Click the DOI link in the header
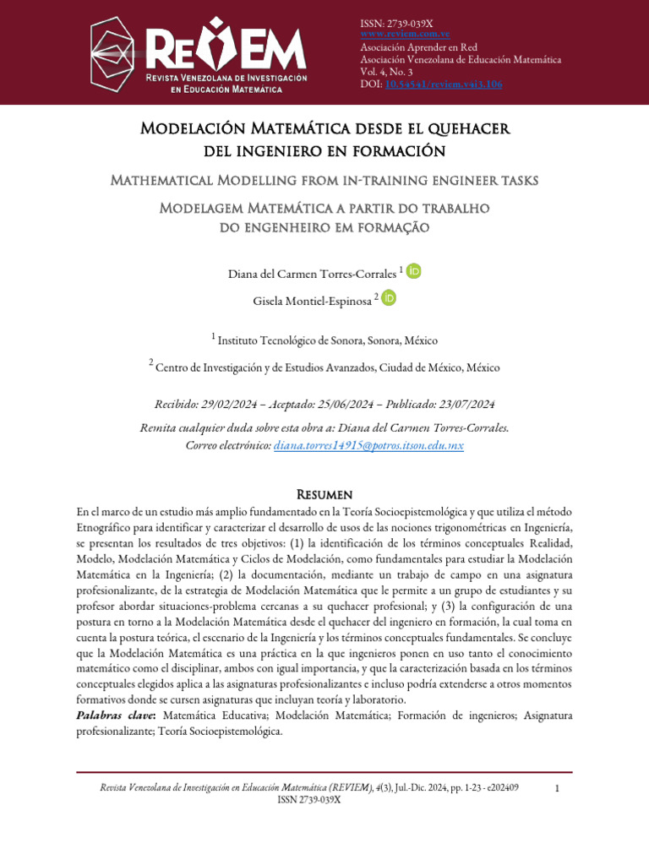click(x=431, y=85)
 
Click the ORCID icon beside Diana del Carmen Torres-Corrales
click(x=413, y=271)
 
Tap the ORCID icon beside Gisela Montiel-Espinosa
click(x=389, y=297)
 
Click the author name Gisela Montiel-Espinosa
click(x=312, y=301)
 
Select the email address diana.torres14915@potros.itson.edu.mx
click(x=368, y=444)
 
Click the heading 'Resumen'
click(x=324, y=493)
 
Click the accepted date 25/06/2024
click(x=353, y=404)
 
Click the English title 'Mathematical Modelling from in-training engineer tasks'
click(x=324, y=181)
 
